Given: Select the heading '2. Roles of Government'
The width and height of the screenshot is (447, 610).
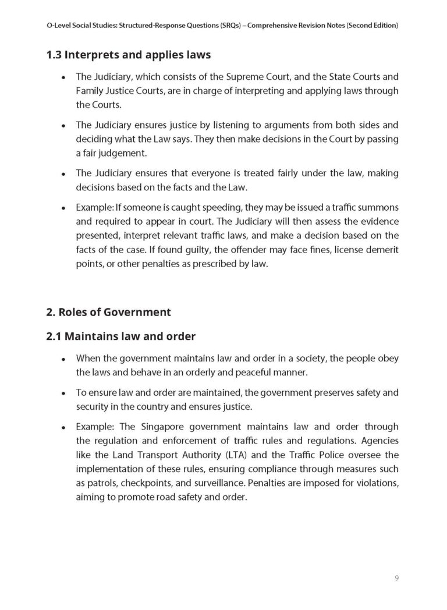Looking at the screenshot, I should tap(108, 312).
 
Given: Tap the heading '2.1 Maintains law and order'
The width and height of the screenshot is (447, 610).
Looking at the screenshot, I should tap(120, 336).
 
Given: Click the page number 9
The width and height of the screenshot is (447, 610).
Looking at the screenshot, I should tap(396, 578).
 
